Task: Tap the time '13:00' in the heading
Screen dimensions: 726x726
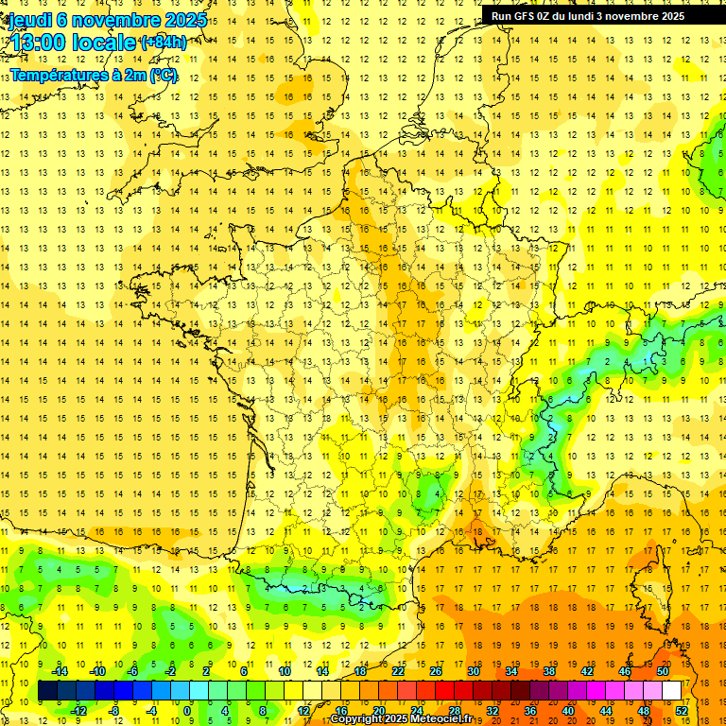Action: click(39, 43)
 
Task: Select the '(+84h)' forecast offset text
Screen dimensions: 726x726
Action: click(163, 43)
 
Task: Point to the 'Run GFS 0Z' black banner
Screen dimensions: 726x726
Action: click(595, 16)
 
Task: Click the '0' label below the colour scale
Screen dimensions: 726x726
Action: click(186, 711)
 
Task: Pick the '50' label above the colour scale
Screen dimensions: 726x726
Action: click(663, 671)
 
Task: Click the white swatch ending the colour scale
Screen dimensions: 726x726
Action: click(672, 691)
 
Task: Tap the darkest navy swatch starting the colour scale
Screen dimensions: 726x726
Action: click(47, 691)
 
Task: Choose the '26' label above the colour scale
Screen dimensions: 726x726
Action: click(436, 671)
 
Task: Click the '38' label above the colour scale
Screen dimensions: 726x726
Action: click(549, 671)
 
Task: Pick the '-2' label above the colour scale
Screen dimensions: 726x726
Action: click(171, 671)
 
